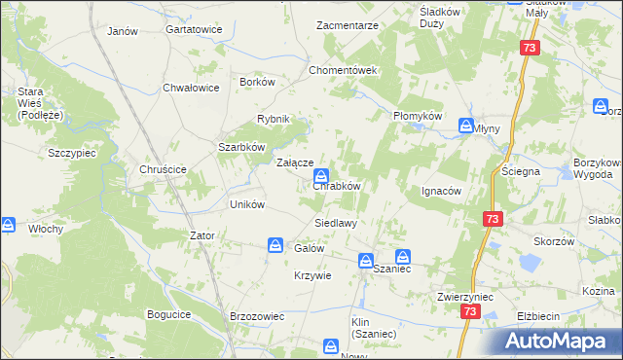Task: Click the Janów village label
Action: pos(123,31)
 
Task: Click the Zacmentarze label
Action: pos(348,24)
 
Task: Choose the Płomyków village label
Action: pos(418,116)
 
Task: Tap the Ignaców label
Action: pos(440,191)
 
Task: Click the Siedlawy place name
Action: pos(335,223)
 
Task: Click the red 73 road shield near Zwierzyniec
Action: pos(471,312)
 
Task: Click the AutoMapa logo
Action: pos(558,341)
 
